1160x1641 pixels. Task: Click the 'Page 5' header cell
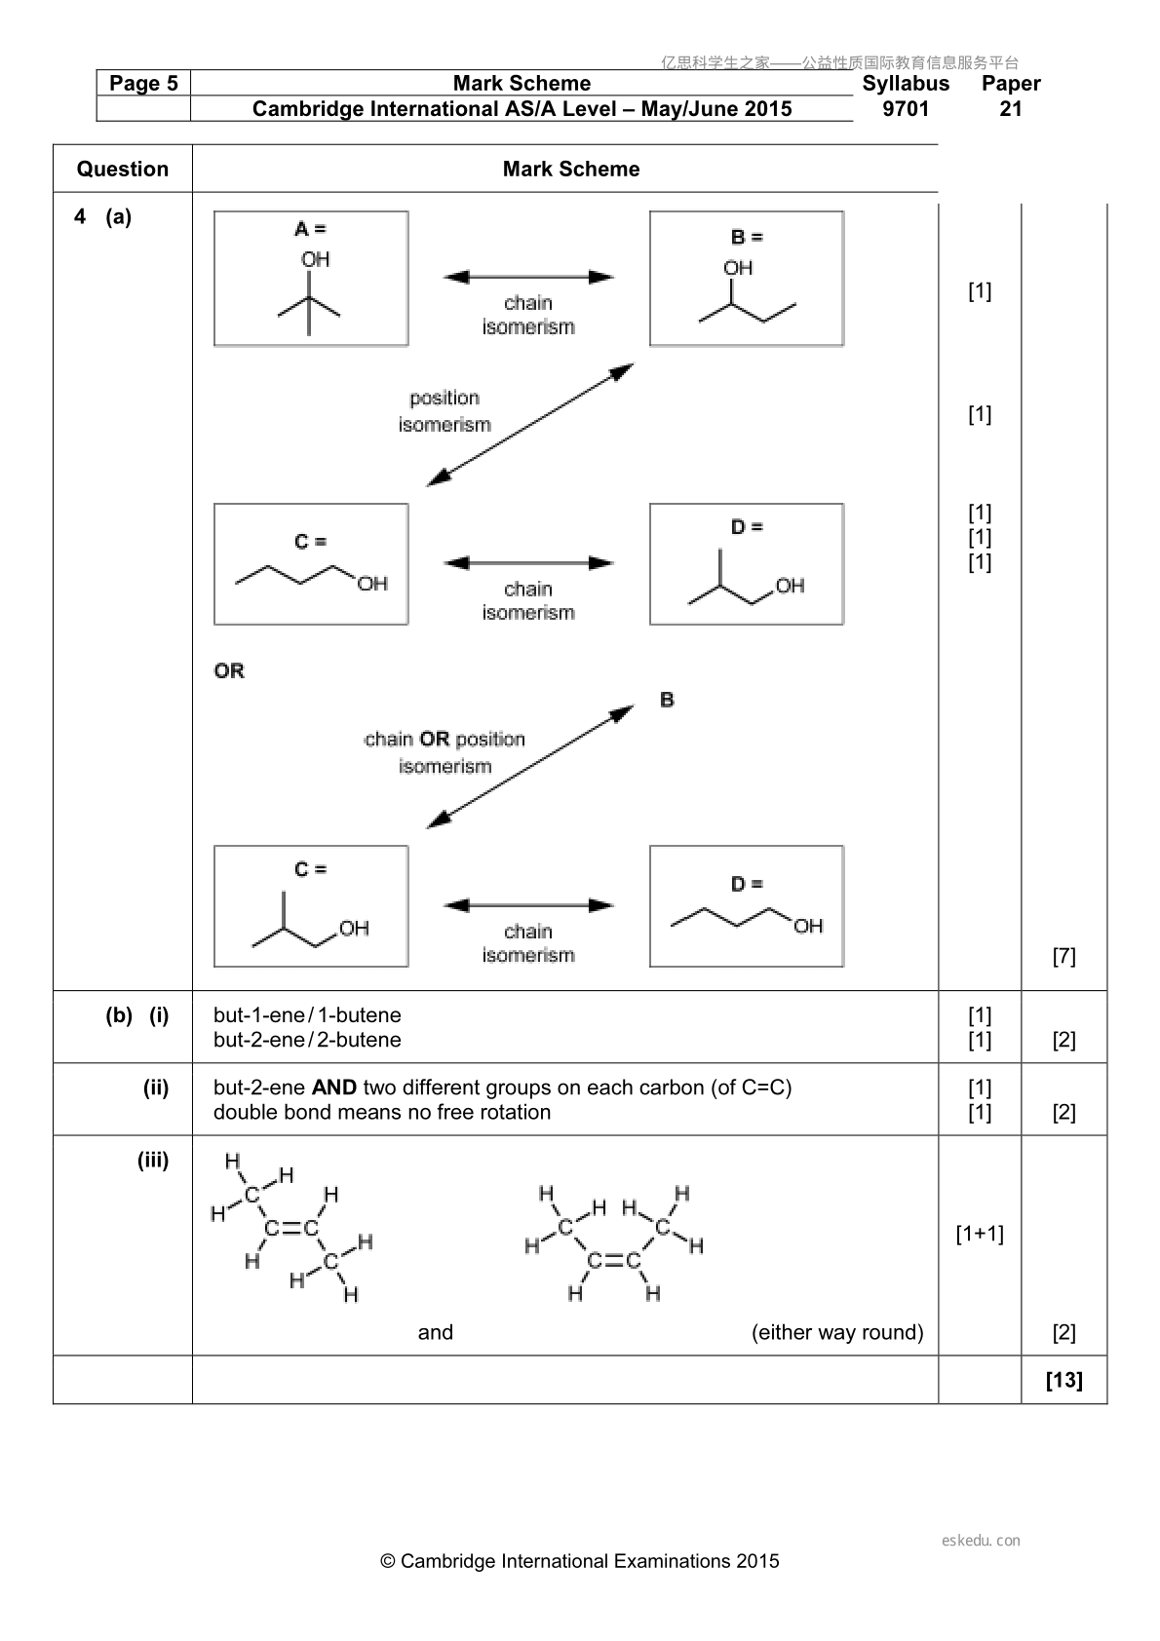[143, 83]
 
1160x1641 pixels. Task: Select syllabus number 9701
[906, 108]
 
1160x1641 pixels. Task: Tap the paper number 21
[1011, 108]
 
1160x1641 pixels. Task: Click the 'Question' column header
[123, 169]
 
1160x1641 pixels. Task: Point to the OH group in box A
[315, 259]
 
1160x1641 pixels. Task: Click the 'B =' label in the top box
[747, 238]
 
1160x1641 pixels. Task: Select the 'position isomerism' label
[445, 411]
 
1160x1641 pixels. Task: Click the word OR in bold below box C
[229, 670]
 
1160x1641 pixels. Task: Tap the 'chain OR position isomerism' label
[445, 752]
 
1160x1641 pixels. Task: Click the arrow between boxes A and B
[528, 277]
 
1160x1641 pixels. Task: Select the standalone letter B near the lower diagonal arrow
[667, 700]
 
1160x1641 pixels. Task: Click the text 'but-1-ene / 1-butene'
[307, 1014]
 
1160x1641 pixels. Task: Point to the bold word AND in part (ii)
[334, 1088]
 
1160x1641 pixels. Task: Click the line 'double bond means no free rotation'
[382, 1112]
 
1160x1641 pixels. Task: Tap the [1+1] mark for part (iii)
[980, 1234]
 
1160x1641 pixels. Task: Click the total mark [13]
[1064, 1380]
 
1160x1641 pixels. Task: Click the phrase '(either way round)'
[837, 1332]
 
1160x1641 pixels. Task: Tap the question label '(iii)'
[153, 1161]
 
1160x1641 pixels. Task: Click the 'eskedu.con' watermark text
[981, 1541]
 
